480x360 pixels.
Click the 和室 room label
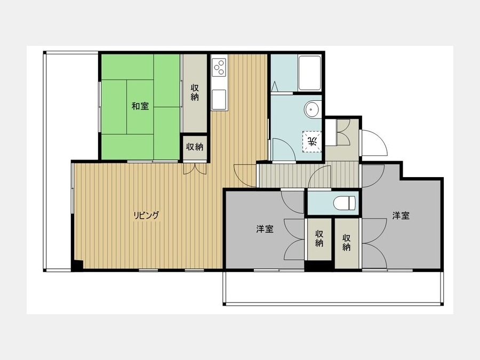[140, 106]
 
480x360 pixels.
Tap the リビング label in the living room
[146, 215]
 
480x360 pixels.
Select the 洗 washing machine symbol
[313, 141]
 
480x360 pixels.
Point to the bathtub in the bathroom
[310, 73]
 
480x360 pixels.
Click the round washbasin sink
[312, 109]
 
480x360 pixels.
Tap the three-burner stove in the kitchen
[219, 67]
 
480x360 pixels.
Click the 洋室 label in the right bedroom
[401, 215]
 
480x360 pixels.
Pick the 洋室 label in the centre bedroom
[265, 229]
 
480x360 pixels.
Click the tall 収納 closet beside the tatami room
[195, 93]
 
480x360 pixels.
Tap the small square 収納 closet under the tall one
[195, 147]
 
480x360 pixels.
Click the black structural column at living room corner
[77, 265]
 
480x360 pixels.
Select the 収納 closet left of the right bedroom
[347, 243]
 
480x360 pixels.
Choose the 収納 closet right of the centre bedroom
[319, 239]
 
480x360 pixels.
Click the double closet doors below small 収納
[195, 169]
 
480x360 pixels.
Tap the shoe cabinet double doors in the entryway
[343, 132]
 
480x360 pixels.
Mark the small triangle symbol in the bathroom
[275, 86]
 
